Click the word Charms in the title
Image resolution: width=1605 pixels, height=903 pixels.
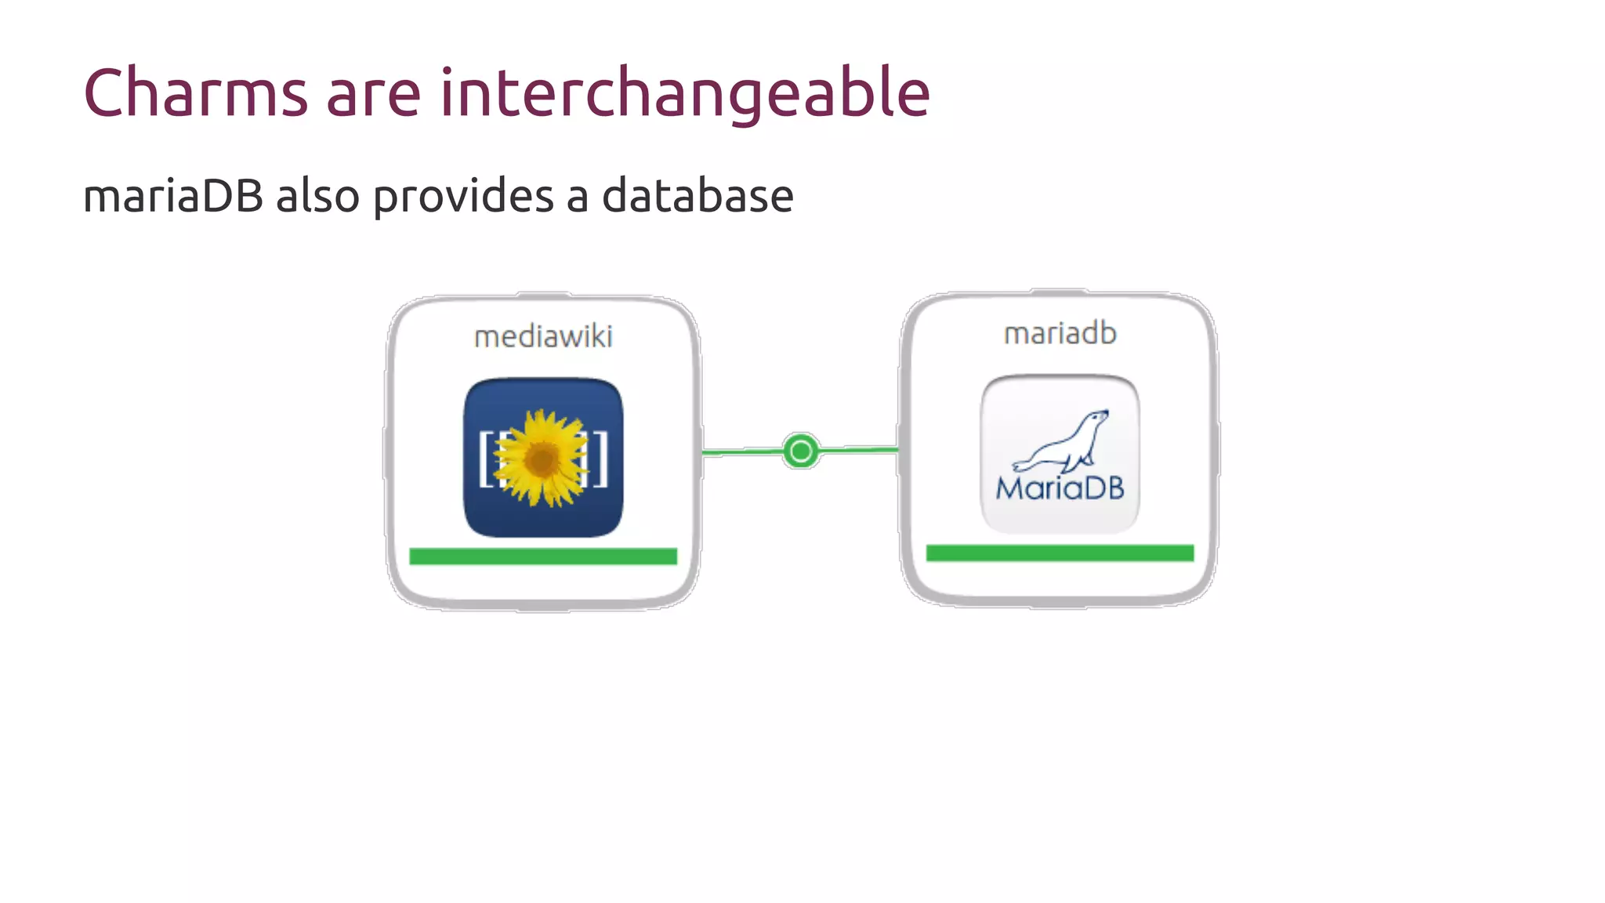pos(195,93)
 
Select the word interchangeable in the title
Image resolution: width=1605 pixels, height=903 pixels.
pos(684,93)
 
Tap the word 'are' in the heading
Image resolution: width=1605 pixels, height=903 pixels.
pos(373,95)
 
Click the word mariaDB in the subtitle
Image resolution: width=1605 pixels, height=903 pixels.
pos(172,196)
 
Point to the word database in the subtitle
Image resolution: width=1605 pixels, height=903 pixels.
pos(697,196)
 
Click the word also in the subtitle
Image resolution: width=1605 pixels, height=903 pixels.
pos(317,196)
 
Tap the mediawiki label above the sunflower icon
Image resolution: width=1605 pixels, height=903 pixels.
pos(543,337)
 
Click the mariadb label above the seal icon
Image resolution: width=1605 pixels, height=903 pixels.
pos(1060,334)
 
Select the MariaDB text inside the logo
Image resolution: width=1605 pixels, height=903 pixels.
pos(1060,489)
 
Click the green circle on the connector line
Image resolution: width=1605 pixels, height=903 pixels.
pos(800,451)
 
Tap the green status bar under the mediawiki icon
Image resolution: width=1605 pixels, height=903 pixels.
pos(542,557)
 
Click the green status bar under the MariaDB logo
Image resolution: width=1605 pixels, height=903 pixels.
pos(1060,553)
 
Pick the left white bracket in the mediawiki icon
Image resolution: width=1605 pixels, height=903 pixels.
pos(485,459)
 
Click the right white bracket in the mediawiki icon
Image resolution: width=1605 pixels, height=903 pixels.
pos(600,459)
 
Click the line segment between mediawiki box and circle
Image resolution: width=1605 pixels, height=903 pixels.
pos(741,452)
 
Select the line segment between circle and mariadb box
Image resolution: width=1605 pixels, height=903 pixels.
pos(859,450)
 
